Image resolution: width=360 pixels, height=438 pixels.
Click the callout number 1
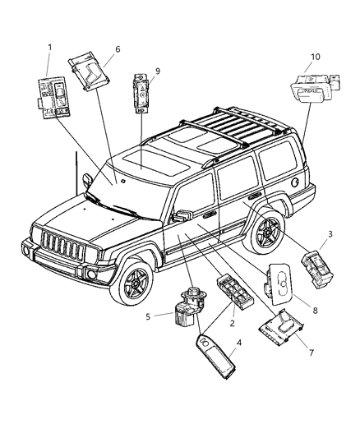(51, 47)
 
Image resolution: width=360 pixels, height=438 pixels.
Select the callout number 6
(118, 50)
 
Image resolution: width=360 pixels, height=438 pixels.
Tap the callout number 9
(159, 71)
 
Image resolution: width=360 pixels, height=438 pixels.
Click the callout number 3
(331, 235)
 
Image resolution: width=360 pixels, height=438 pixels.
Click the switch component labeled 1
(53, 96)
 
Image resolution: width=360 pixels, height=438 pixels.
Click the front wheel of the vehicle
(132, 284)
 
